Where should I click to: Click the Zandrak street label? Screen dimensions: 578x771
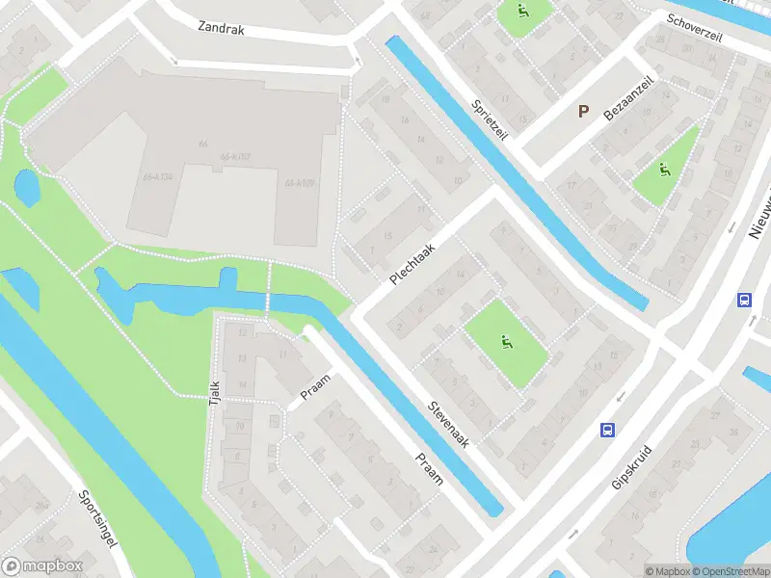pos(222,29)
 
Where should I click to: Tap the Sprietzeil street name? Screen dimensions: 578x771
pos(490,122)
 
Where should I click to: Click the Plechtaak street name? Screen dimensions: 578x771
pos(413,263)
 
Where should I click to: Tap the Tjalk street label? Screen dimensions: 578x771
pos(215,393)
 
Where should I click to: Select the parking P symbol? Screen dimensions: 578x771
pos(583,111)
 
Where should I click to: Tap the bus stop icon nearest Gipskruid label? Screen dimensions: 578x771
pos(608,430)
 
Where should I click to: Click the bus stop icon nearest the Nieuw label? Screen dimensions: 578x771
pos(744,300)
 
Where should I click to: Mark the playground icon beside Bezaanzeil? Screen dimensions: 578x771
pos(664,171)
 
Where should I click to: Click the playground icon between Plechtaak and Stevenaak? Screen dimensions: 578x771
pos(506,341)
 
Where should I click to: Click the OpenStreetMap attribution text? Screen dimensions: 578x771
pos(730,571)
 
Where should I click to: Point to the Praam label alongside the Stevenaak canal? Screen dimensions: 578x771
pos(428,469)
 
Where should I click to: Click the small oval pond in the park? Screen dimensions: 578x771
pos(27,188)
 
